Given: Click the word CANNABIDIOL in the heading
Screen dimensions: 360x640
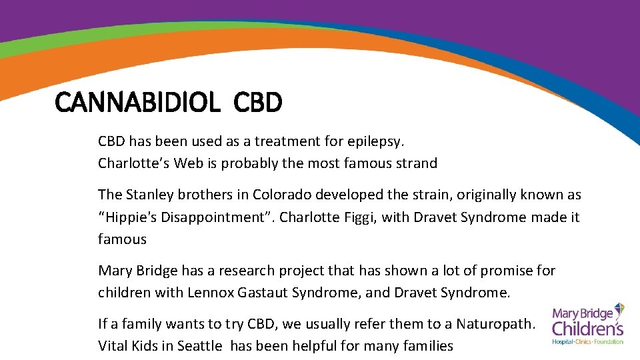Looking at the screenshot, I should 137,103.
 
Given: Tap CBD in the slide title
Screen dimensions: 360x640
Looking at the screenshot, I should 259,103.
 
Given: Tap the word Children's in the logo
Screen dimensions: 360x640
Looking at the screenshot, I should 587,328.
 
